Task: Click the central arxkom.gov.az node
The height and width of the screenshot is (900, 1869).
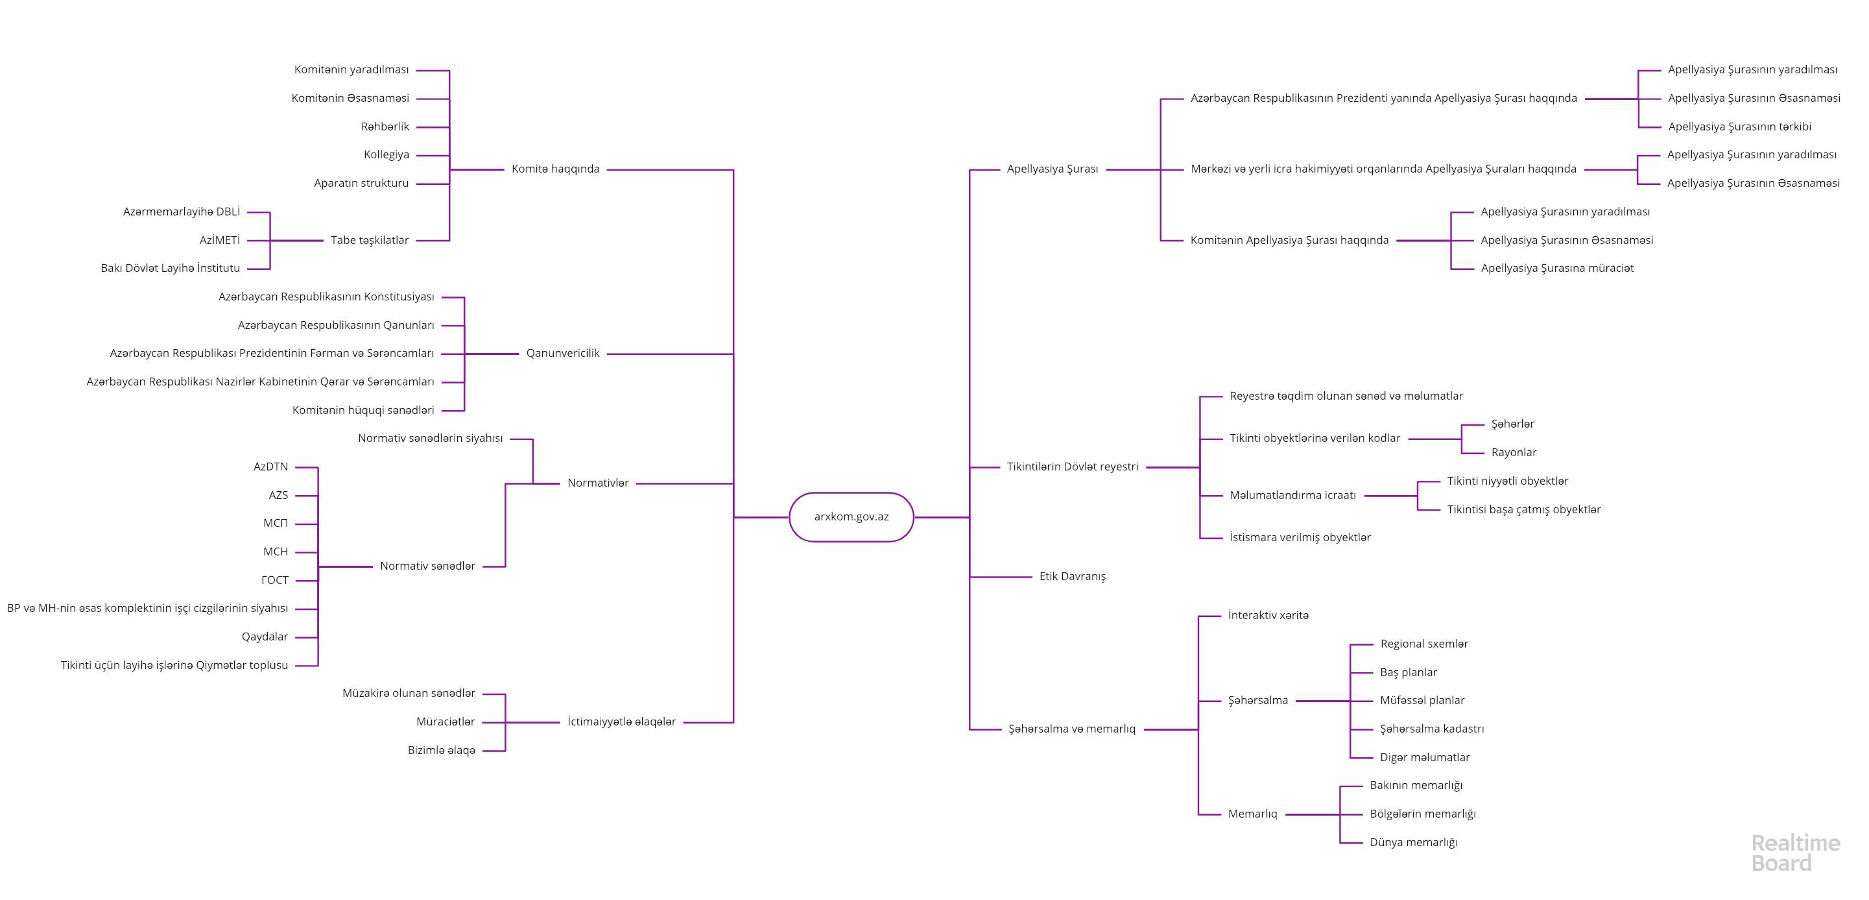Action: point(851,517)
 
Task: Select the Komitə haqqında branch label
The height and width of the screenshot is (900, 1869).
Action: point(555,169)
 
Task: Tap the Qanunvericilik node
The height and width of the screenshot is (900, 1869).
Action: point(562,354)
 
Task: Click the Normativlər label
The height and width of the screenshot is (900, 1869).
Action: point(598,483)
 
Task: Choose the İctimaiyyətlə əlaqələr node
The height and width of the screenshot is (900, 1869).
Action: point(621,722)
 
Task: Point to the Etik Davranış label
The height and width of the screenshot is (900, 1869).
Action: point(1073,576)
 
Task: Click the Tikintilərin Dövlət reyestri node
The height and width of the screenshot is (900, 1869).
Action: point(1073,467)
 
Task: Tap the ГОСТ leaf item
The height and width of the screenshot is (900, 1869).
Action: point(275,580)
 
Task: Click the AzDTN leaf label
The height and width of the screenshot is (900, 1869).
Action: point(270,467)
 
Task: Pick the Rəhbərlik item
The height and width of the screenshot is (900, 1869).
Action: point(385,127)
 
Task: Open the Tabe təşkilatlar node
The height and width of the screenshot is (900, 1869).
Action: point(369,240)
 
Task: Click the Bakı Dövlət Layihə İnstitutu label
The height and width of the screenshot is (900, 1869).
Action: point(171,268)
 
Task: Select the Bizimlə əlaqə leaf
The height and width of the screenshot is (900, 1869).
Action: point(441,751)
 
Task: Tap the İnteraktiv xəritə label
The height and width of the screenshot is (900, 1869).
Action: point(1268,616)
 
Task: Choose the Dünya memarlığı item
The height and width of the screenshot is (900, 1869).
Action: point(1413,843)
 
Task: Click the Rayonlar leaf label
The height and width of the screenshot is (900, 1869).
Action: point(1514,452)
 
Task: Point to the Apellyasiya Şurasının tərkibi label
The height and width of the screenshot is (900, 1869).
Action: point(1739,127)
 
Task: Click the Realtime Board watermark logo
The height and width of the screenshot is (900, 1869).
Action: point(1795,853)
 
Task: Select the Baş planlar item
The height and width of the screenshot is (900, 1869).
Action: point(1409,672)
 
